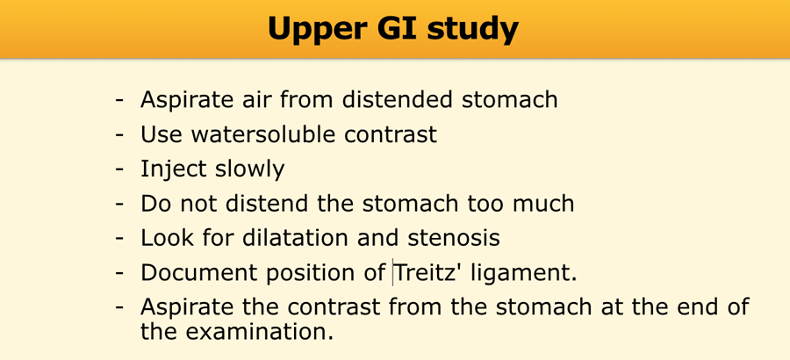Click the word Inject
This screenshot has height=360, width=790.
coord(174,170)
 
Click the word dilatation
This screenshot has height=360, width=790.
coord(296,238)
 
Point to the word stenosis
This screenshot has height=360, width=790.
coord(454,238)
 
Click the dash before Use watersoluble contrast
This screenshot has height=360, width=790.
coord(119,135)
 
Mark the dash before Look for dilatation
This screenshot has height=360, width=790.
coord(119,240)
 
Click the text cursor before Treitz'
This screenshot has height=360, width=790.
coord(392,273)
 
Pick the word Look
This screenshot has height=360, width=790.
coord(165,238)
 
